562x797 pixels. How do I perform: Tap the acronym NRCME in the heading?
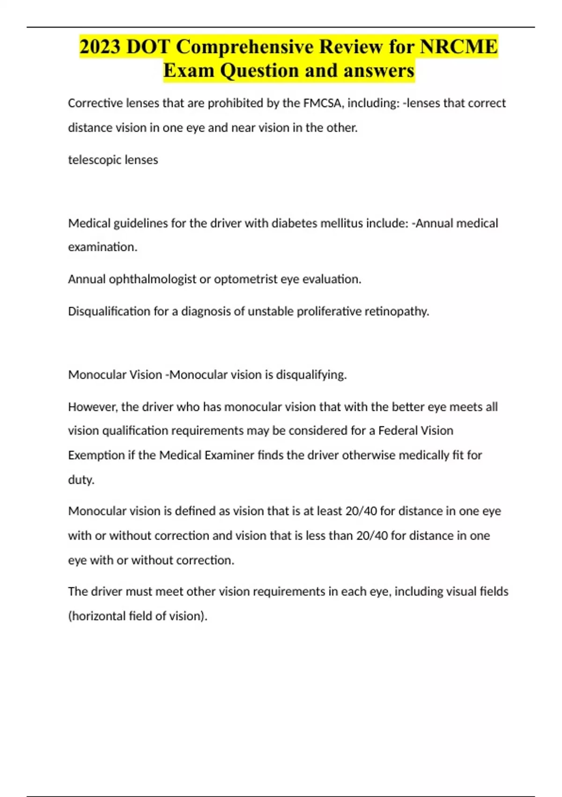[458, 47]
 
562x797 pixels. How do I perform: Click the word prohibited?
[236, 103]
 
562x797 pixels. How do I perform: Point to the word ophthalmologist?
[153, 279]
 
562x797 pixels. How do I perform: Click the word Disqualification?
[109, 311]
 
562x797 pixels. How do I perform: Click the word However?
[93, 407]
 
